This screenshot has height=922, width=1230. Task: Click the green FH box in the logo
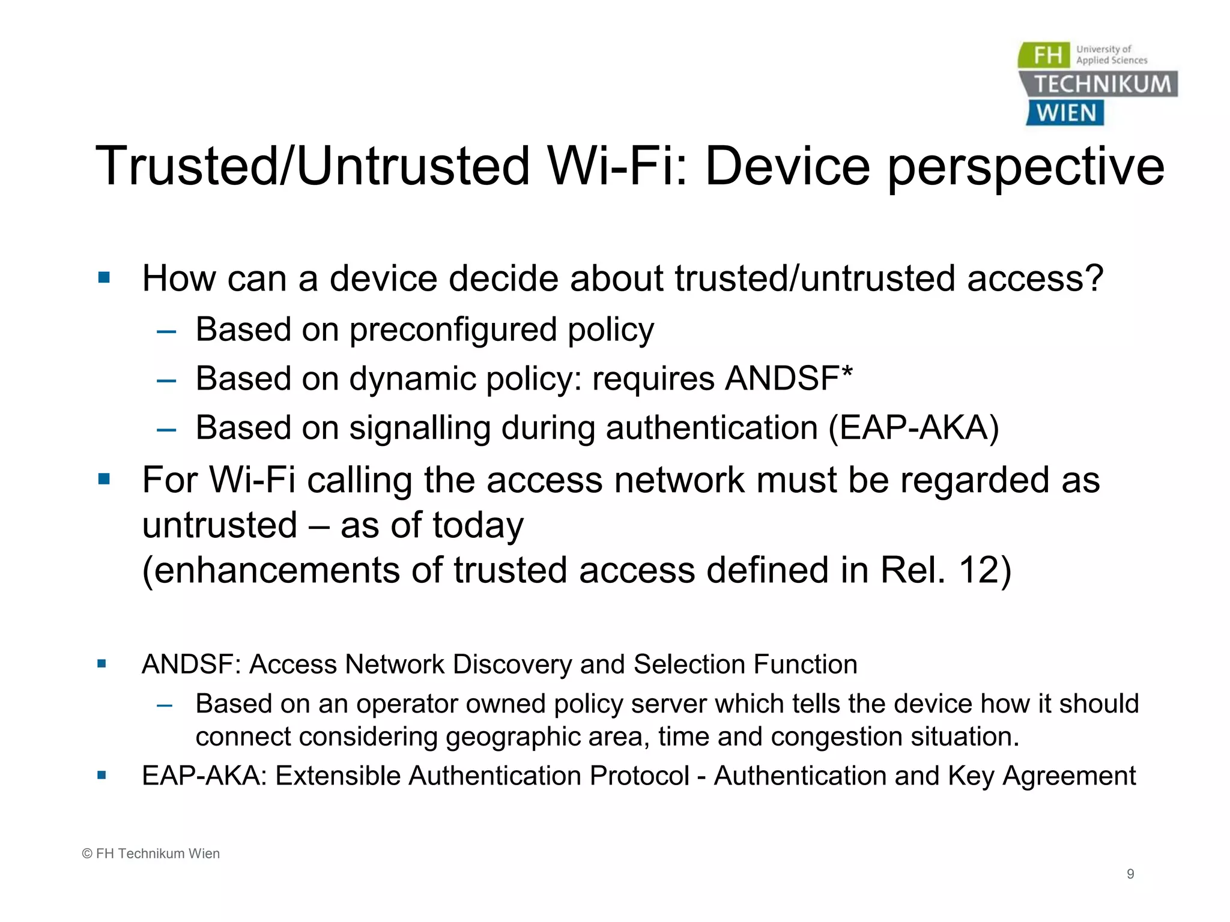[x=1045, y=55]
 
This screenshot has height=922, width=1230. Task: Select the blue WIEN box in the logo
[x=1065, y=113]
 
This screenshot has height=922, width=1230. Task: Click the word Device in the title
[x=787, y=166]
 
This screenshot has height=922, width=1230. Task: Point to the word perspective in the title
[x=1026, y=168]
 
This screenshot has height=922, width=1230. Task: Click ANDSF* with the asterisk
[x=788, y=379]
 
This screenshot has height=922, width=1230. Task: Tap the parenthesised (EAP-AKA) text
[x=913, y=428]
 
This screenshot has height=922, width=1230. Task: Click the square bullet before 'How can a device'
[x=104, y=278]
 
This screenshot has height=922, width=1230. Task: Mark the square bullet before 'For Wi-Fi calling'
[x=104, y=479]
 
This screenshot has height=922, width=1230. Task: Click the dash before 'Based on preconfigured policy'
[x=166, y=331]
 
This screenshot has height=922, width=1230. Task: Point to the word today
[x=477, y=526]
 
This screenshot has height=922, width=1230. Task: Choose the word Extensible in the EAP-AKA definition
[x=338, y=776]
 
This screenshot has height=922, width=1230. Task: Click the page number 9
[x=1130, y=874]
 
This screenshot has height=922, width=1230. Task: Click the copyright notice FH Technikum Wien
[x=151, y=854]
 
